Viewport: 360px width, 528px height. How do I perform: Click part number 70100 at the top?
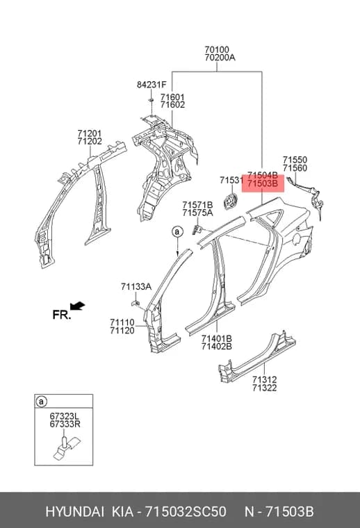pyautogui.click(x=217, y=50)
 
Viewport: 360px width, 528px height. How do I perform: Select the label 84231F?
pyautogui.click(x=152, y=85)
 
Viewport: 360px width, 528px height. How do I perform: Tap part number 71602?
pyautogui.click(x=172, y=105)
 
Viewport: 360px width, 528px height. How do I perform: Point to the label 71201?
pyautogui.click(x=90, y=133)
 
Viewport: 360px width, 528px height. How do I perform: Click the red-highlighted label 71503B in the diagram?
pyautogui.click(x=263, y=184)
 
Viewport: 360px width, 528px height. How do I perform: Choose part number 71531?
pyautogui.click(x=231, y=181)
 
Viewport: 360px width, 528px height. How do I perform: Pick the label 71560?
pyautogui.click(x=295, y=168)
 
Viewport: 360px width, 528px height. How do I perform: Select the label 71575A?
pyautogui.click(x=197, y=213)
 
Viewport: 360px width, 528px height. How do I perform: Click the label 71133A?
pyautogui.click(x=136, y=287)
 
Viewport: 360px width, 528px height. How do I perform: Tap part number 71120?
pyautogui.click(x=122, y=331)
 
